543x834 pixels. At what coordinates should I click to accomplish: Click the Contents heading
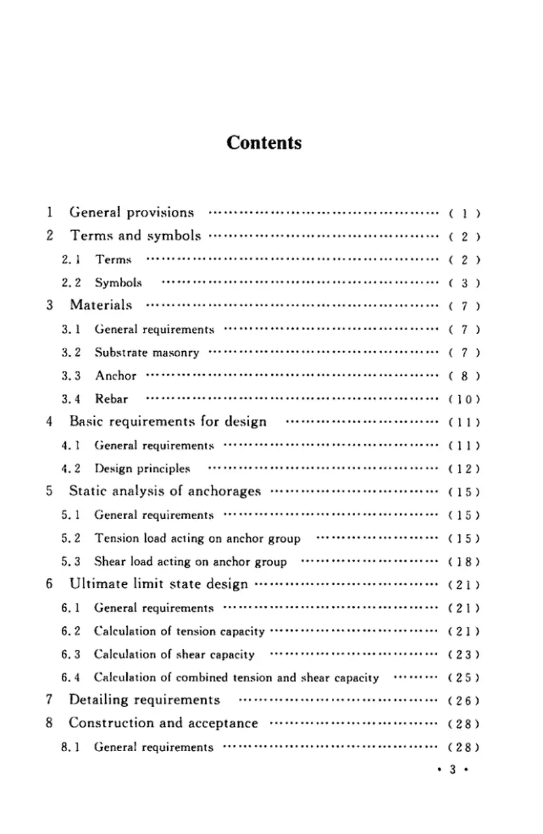coord(264,143)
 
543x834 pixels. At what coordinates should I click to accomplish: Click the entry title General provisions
coord(132,213)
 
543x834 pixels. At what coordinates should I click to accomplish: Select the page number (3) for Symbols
coord(465,283)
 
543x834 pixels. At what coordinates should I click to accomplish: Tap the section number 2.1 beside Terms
coord(71,259)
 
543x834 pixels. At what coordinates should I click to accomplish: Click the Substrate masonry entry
coord(147,352)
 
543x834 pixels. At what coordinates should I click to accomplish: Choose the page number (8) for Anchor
coord(465,376)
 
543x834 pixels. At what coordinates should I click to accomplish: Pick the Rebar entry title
coord(111,399)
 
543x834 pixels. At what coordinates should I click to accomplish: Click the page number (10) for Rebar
coord(465,399)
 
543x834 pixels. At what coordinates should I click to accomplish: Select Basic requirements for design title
coord(168,421)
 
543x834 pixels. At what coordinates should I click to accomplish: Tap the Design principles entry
coord(143,468)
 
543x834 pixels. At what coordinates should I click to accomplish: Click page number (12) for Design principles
coord(465,469)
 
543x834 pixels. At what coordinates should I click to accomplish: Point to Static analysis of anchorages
coord(165,491)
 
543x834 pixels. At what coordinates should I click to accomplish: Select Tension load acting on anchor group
coord(197,539)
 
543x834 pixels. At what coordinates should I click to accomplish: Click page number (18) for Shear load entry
coord(465,562)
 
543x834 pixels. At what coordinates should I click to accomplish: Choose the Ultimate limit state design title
coord(159,584)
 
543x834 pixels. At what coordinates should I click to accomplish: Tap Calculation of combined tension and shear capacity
coord(236,677)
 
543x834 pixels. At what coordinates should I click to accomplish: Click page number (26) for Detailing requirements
coord(465,701)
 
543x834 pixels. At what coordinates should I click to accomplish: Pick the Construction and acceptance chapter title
coord(164,723)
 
